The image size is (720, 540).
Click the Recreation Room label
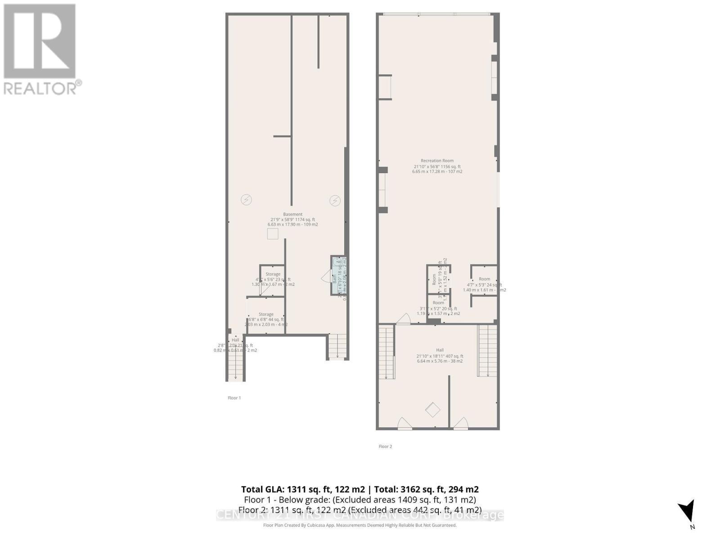click(x=437, y=161)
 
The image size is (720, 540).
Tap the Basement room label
click(x=292, y=214)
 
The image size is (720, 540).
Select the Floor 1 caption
click(x=234, y=398)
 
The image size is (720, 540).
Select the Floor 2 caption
click(x=385, y=446)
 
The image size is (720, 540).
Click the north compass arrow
click(x=687, y=512)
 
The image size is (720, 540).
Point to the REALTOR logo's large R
click(x=40, y=41)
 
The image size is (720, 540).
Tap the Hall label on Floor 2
click(x=440, y=350)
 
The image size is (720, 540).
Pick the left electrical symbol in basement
click(x=246, y=200)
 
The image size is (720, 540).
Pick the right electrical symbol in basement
click(x=335, y=201)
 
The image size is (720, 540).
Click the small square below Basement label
click(x=273, y=234)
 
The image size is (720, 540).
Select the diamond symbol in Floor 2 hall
click(x=433, y=410)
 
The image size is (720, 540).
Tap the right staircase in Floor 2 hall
click(x=487, y=351)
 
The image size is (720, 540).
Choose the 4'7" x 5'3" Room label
click(x=484, y=279)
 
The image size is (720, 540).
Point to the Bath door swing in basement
click(x=327, y=276)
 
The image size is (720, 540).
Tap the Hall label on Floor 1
click(x=235, y=340)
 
